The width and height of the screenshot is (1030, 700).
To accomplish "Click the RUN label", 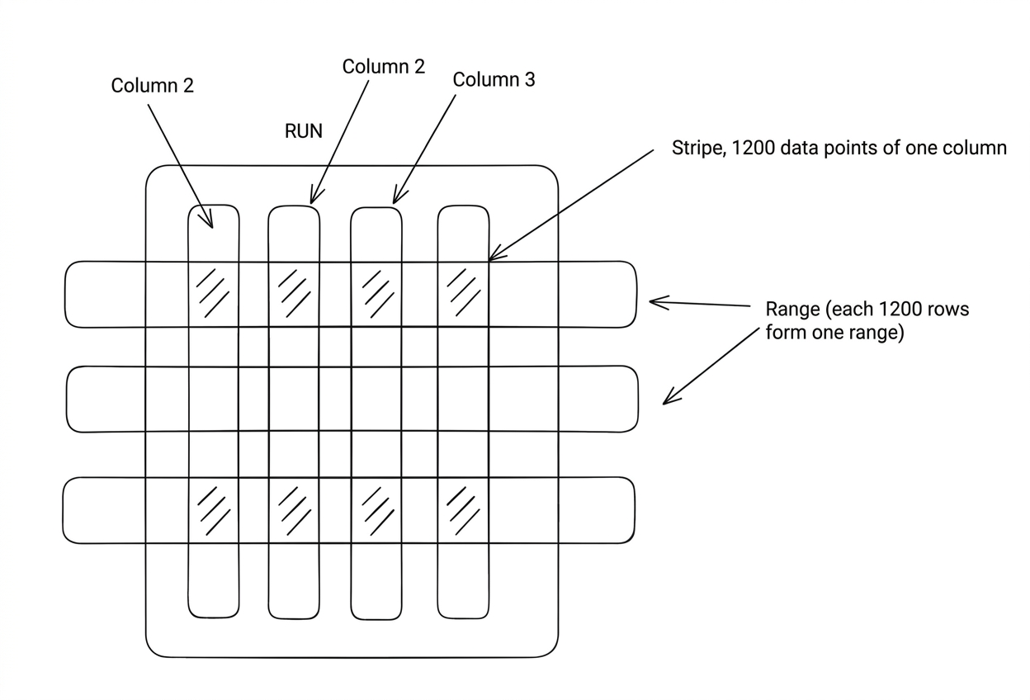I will (303, 131).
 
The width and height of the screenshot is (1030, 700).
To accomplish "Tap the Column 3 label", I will (494, 80).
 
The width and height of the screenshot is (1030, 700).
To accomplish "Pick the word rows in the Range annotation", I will (944, 310).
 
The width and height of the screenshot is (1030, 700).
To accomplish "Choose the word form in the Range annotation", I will (783, 333).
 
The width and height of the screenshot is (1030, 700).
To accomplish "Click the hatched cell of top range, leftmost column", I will (214, 294).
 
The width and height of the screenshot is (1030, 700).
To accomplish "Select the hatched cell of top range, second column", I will (294, 294).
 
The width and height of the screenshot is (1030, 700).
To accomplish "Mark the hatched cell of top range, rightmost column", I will (463, 294).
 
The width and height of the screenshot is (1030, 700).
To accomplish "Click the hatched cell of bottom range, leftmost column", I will (214, 510).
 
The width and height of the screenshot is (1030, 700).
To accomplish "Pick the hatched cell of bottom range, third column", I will (377, 510).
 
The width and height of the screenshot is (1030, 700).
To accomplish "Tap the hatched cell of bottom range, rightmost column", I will (463, 510).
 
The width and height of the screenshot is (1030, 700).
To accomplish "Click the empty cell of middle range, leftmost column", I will (214, 399).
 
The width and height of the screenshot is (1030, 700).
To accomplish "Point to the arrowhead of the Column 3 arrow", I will (395, 201).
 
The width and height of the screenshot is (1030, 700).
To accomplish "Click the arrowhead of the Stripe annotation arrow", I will (490, 259).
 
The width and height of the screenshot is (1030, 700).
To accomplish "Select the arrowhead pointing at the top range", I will (651, 302).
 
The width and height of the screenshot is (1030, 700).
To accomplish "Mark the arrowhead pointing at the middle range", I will (665, 403).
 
